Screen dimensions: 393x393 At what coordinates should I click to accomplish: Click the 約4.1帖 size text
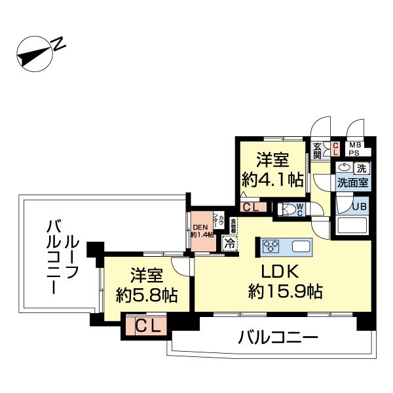tap(272, 178)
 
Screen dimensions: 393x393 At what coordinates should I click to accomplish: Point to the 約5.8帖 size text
tap(145, 295)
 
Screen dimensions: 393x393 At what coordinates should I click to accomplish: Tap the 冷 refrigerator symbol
tap(229, 242)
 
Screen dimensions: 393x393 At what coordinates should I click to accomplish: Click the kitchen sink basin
tap(303, 247)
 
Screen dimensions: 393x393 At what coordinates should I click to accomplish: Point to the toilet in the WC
tap(286, 209)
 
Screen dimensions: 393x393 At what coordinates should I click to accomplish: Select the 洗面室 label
tap(353, 183)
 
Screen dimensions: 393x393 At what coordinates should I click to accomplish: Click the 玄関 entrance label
tap(317, 151)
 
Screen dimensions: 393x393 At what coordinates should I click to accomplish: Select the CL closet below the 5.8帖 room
tap(148, 326)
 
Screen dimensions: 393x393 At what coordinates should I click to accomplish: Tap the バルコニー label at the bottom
tap(278, 339)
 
